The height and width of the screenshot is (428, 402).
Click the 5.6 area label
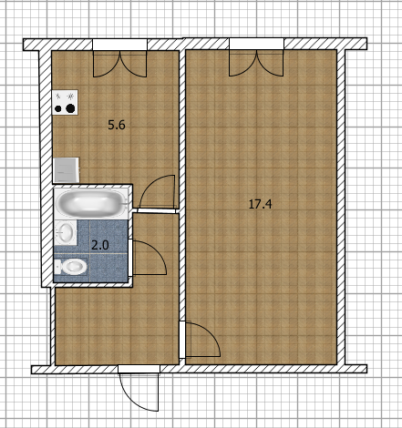pos(117,125)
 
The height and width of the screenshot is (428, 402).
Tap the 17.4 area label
pos(260,204)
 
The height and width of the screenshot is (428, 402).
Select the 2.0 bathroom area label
pos(100,245)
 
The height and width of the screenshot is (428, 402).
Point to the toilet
pos(70,267)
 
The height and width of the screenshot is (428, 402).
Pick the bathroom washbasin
pos(66,232)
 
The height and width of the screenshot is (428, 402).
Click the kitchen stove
pos(65,102)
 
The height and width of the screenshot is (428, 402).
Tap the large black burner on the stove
pos(70,108)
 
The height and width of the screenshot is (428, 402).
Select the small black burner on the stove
pos(57,108)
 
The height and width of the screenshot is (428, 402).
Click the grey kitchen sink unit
pos(66,170)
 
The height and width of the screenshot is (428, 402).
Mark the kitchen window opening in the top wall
pos(119,45)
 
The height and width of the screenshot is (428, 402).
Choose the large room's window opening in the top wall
pos(256,44)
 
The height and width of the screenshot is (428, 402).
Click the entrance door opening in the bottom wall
pos(139,369)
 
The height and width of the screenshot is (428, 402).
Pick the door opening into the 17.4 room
pos(181,340)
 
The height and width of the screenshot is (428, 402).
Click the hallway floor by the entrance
pos(117,326)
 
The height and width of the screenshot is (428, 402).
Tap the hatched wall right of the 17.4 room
pos(341,207)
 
